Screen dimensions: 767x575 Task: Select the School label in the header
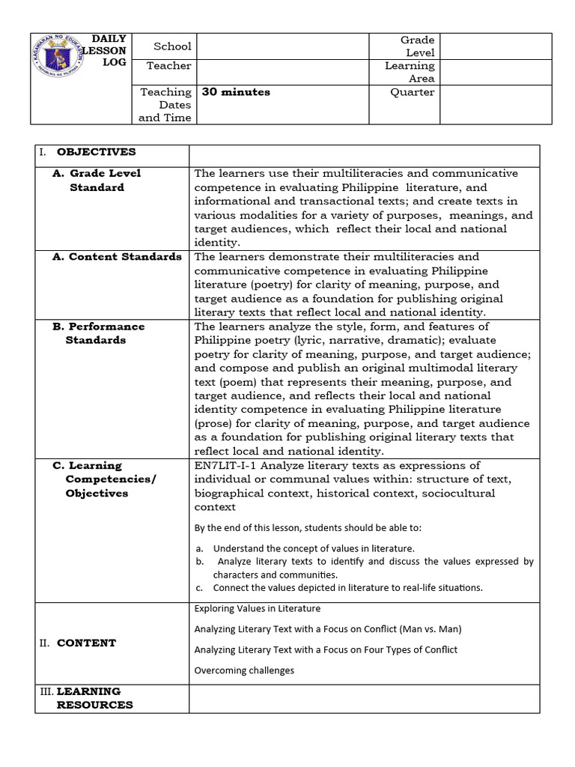coord(172,46)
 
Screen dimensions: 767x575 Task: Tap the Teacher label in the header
coord(168,66)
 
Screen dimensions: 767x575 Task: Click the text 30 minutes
coord(236,92)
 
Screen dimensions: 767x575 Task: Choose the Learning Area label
coord(410,72)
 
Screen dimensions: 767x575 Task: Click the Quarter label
coord(412,92)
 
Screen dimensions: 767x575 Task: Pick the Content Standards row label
coord(117,257)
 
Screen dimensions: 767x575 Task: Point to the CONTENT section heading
coord(86,643)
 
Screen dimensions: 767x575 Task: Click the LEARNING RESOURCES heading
coord(94,698)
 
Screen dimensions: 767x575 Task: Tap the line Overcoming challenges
coord(244,670)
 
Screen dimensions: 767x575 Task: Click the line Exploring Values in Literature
coord(257,608)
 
